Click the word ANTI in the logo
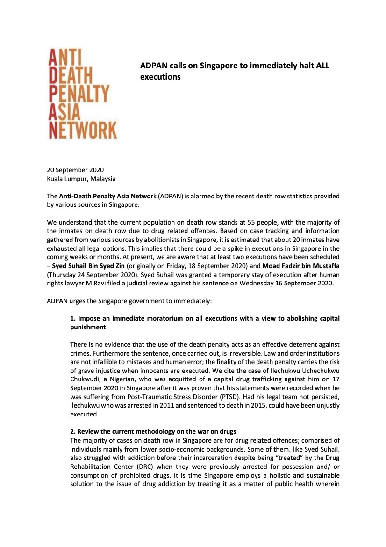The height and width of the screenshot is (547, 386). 66,59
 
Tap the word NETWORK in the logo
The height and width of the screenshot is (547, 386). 83,129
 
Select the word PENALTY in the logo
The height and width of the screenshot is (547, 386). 79,94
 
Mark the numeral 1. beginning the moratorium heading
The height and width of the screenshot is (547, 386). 73,318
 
